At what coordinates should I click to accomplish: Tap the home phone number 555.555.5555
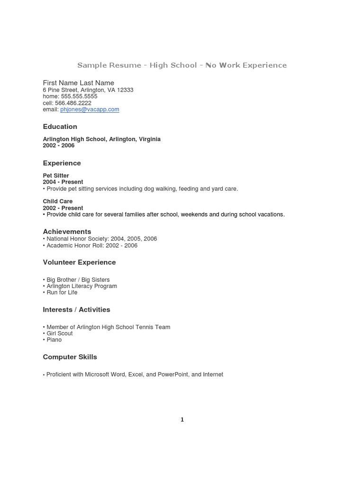click(x=79, y=96)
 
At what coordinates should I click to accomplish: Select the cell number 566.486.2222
click(x=73, y=103)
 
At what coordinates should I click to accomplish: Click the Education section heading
click(x=60, y=126)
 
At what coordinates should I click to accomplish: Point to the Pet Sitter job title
click(x=56, y=176)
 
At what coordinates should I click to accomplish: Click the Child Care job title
click(x=58, y=201)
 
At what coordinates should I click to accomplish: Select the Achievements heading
click(x=67, y=232)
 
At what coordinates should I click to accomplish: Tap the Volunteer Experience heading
click(x=79, y=262)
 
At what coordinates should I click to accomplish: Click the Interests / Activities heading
click(x=76, y=309)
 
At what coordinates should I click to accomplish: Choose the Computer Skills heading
click(x=70, y=357)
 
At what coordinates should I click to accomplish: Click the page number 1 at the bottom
click(x=182, y=420)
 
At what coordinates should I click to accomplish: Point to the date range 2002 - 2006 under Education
click(x=59, y=145)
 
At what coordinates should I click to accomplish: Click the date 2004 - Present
click(x=63, y=182)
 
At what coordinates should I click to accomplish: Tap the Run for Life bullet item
click(x=62, y=292)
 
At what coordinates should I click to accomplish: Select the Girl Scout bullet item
click(x=59, y=333)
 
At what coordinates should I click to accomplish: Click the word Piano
click(x=54, y=340)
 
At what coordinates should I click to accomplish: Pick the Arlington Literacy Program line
click(x=82, y=286)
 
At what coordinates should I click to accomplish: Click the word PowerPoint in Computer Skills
click(x=172, y=375)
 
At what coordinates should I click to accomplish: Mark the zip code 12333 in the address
click(x=125, y=90)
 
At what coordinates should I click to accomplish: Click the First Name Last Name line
click(x=79, y=83)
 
